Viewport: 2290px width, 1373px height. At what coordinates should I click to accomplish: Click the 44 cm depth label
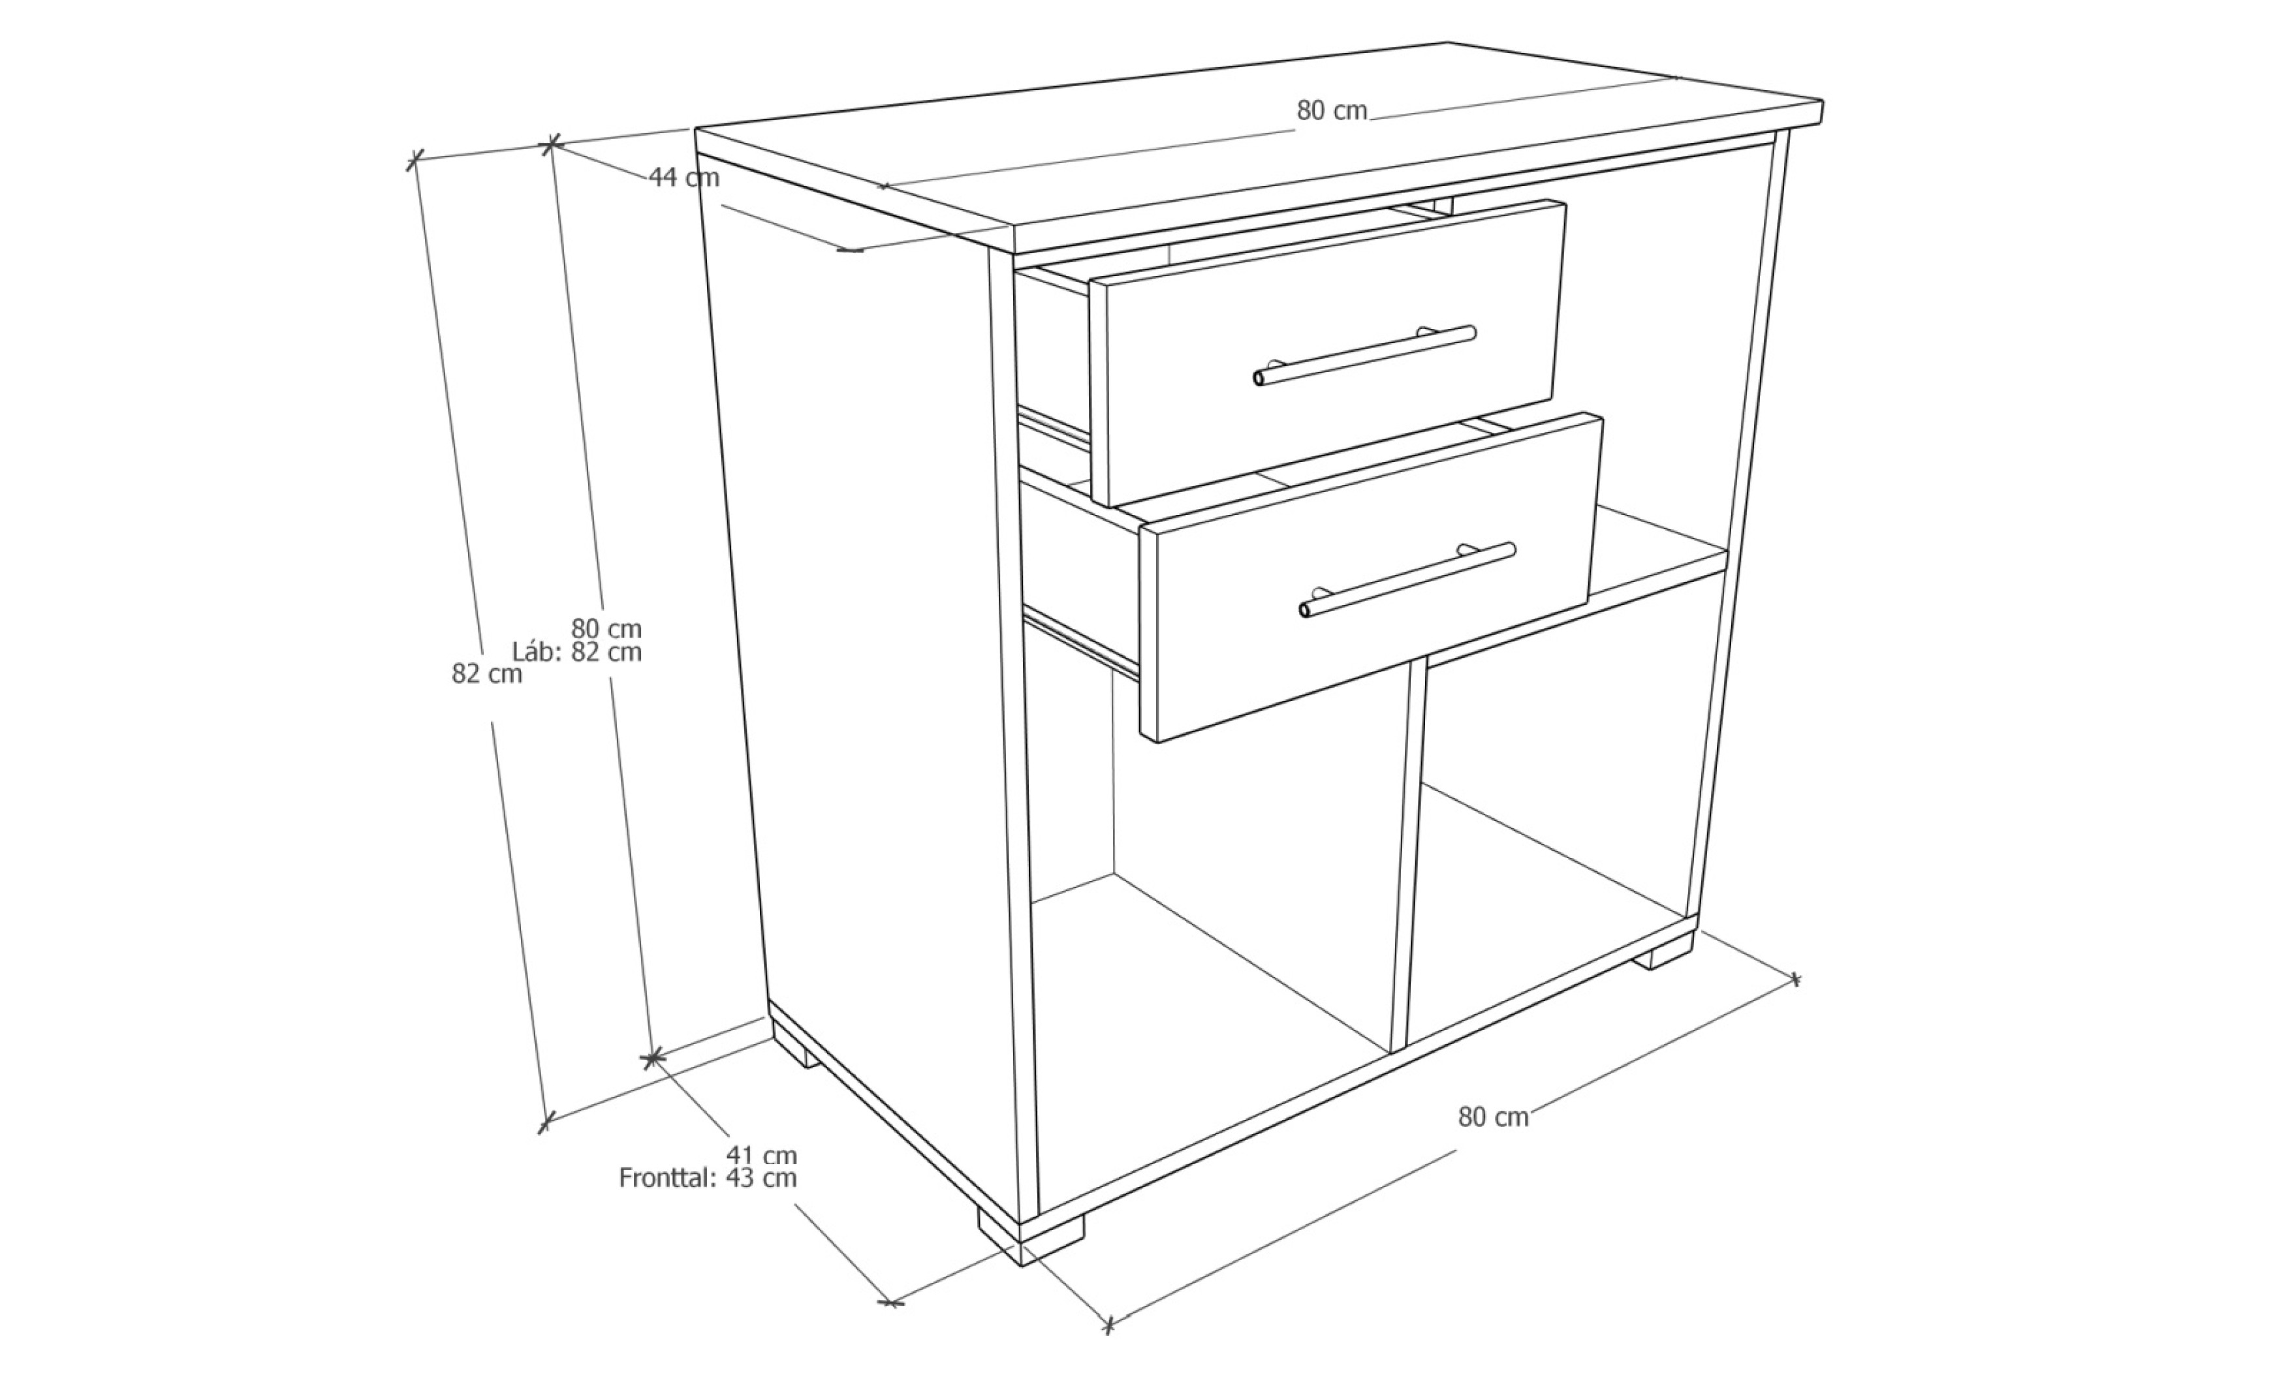pyautogui.click(x=683, y=177)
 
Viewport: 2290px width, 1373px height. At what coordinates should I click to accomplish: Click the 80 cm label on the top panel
pyautogui.click(x=1332, y=110)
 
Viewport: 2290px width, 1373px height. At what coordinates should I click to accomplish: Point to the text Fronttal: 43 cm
pyautogui.click(x=708, y=1178)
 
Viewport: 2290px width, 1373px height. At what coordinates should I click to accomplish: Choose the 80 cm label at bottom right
pyautogui.click(x=1494, y=1117)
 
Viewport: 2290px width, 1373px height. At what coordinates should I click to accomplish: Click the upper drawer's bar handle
pyautogui.click(x=1365, y=354)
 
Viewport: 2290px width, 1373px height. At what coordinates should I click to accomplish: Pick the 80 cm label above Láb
pyautogui.click(x=606, y=628)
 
